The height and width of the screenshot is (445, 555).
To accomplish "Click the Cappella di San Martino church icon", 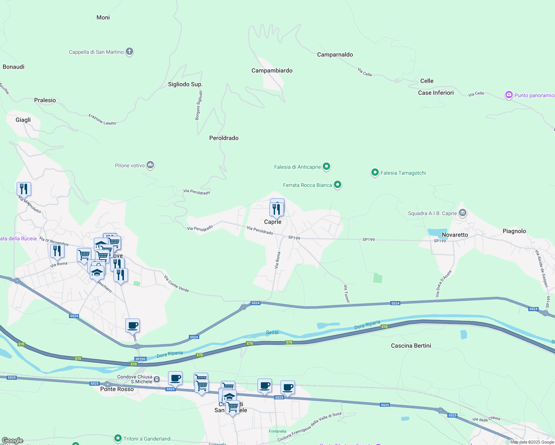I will point(129,52).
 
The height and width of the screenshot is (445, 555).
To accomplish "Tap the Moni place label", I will point(103,17).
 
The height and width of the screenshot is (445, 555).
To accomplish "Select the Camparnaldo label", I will point(335,55).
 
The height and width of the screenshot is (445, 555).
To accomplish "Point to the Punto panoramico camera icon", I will point(509,95).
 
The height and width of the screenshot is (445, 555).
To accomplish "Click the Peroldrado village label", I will point(224,138).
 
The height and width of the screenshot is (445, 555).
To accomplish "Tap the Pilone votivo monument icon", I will point(150,165).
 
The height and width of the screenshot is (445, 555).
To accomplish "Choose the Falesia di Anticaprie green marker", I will point(326,167).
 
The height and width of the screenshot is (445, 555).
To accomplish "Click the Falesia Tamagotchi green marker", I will point(375,172).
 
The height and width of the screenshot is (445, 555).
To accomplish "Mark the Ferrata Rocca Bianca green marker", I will point(338,184).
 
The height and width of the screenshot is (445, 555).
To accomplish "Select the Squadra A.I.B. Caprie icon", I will point(462,213).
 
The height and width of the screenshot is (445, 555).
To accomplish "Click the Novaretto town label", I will point(455,235).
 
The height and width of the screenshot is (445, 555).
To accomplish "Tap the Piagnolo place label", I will point(514,231).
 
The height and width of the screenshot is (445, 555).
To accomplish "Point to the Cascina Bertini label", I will point(411,346).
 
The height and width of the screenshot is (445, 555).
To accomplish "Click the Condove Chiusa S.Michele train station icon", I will point(157,379).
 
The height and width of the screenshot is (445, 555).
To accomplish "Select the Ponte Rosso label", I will point(117,389).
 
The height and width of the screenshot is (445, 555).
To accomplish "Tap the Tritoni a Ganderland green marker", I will point(118,438).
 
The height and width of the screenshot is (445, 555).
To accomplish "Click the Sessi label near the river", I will point(272,332).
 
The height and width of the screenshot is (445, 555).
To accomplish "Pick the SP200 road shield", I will point(140,359).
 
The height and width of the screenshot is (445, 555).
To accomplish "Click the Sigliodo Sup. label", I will point(185,84).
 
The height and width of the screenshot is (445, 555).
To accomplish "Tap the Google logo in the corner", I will point(12,441).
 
